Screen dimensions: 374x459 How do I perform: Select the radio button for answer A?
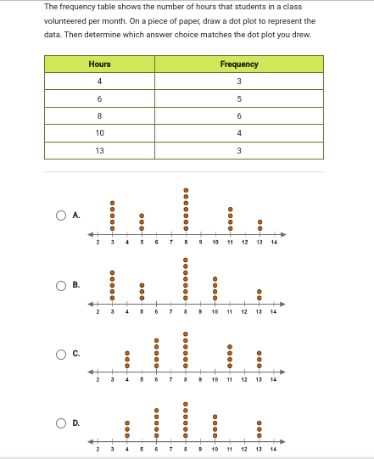[x=62, y=216]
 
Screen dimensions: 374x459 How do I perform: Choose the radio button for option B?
[x=62, y=285]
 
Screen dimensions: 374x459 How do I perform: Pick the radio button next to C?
[x=62, y=354]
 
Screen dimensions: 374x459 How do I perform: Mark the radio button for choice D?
[x=62, y=423]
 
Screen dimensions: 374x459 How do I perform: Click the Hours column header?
[x=99, y=64]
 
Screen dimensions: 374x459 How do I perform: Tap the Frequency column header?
[x=239, y=64]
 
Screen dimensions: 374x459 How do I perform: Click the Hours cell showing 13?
[x=99, y=150]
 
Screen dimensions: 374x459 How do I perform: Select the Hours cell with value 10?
[x=99, y=133]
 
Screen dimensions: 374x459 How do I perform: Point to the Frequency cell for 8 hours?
[x=239, y=116]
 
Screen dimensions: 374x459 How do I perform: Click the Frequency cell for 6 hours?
[x=239, y=98]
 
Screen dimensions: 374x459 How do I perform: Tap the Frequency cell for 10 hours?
[x=239, y=133]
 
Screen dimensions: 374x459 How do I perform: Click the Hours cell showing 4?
[x=99, y=81]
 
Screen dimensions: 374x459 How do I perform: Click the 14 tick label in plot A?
[x=274, y=243]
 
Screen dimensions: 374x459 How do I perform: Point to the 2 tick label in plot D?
[x=98, y=449]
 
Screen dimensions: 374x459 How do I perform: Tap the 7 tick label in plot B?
[x=171, y=312]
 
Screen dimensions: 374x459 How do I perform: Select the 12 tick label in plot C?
[x=244, y=381]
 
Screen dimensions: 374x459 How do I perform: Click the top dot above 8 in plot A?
[x=186, y=189]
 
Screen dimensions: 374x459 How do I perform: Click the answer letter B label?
[x=76, y=285]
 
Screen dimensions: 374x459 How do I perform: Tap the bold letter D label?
[x=76, y=423]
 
